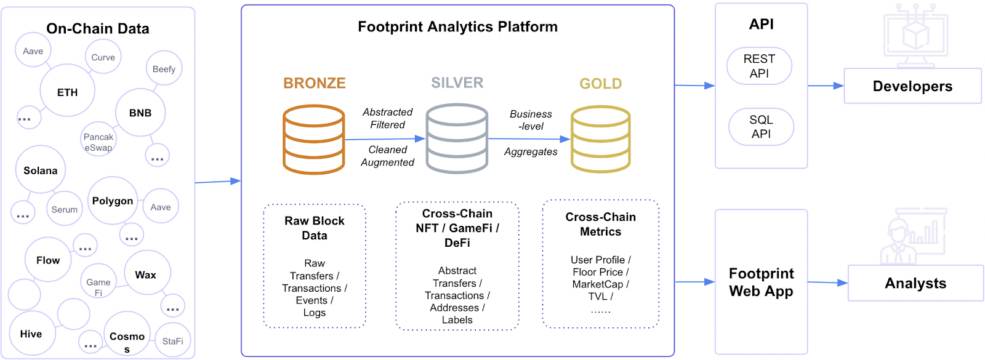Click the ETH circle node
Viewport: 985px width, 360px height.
pyautogui.click(x=67, y=91)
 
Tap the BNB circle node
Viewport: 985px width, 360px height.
pyautogui.click(x=140, y=113)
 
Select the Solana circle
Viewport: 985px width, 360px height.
pyautogui.click(x=40, y=170)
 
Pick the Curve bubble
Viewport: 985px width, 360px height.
pyautogui.click(x=103, y=57)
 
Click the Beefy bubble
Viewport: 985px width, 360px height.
pyautogui.click(x=164, y=68)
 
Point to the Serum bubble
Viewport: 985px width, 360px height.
pyautogui.click(x=64, y=209)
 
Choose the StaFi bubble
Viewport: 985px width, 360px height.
pyautogui.click(x=172, y=340)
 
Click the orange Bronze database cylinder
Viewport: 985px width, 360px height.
pyautogui.click(x=313, y=140)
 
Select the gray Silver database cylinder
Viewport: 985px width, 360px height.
pyautogui.click(x=457, y=138)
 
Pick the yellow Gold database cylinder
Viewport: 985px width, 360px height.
pyautogui.click(x=600, y=139)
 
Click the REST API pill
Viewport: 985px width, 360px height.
pyautogui.click(x=759, y=66)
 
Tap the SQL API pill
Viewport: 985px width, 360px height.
pyautogui.click(x=761, y=127)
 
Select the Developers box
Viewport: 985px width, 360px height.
pyautogui.click(x=912, y=86)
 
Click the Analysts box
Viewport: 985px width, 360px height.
pyautogui.click(x=915, y=283)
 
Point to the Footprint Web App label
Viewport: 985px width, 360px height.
pyautogui.click(x=761, y=282)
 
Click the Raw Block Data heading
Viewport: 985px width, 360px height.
pyautogui.click(x=315, y=228)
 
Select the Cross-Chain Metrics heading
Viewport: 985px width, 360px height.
pyautogui.click(x=600, y=224)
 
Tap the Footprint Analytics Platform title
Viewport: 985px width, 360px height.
pyautogui.click(x=457, y=26)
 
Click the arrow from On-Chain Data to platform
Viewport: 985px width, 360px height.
pyautogui.click(x=217, y=182)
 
